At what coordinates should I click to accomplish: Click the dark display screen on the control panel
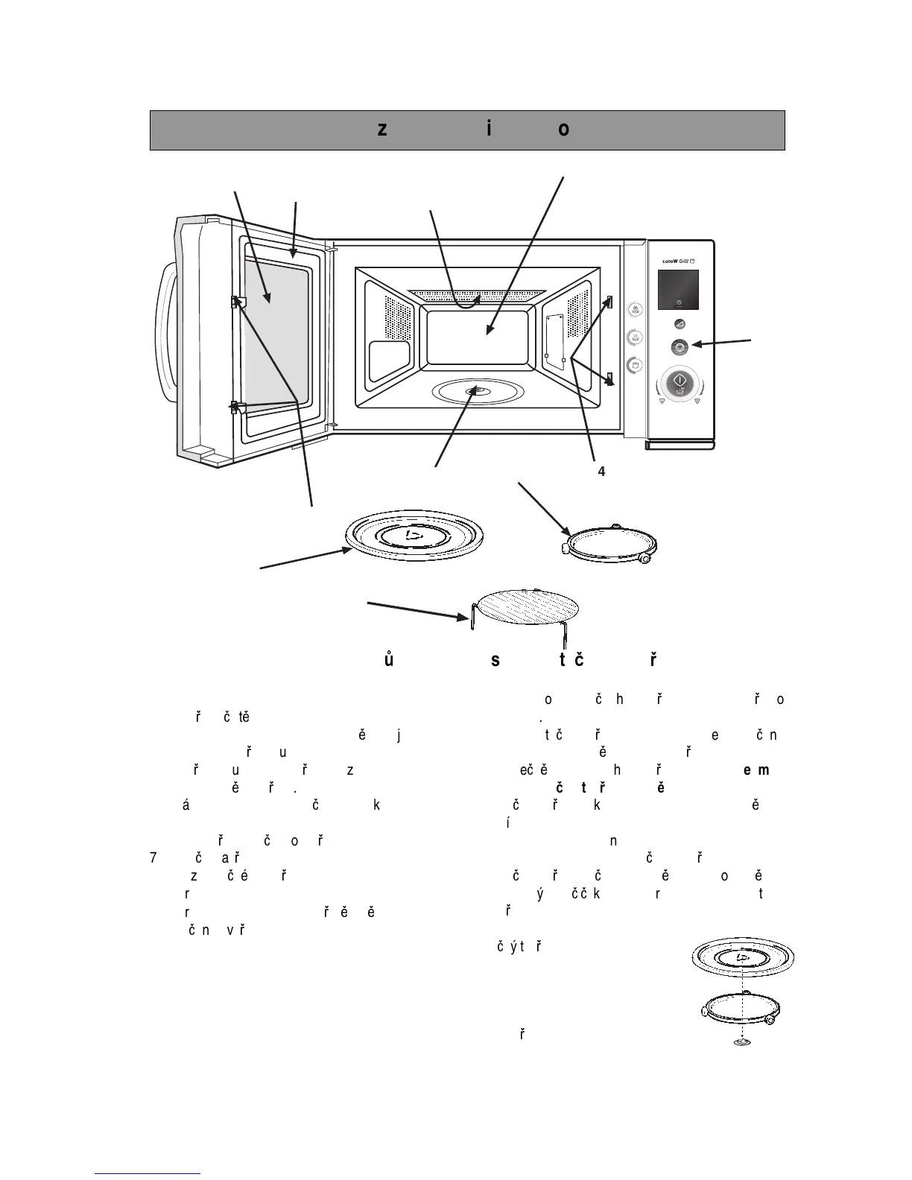678,290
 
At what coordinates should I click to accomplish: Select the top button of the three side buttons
634,308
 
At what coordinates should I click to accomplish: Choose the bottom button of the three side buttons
634,365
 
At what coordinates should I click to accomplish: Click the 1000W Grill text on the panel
678,261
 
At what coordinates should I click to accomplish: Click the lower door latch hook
235,407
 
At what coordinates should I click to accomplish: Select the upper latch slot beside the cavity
609,302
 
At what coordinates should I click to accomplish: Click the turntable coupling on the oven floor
474,390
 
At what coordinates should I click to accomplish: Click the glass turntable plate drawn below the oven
414,536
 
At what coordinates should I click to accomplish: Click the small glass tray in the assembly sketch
742,957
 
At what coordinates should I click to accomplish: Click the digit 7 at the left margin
153,857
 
